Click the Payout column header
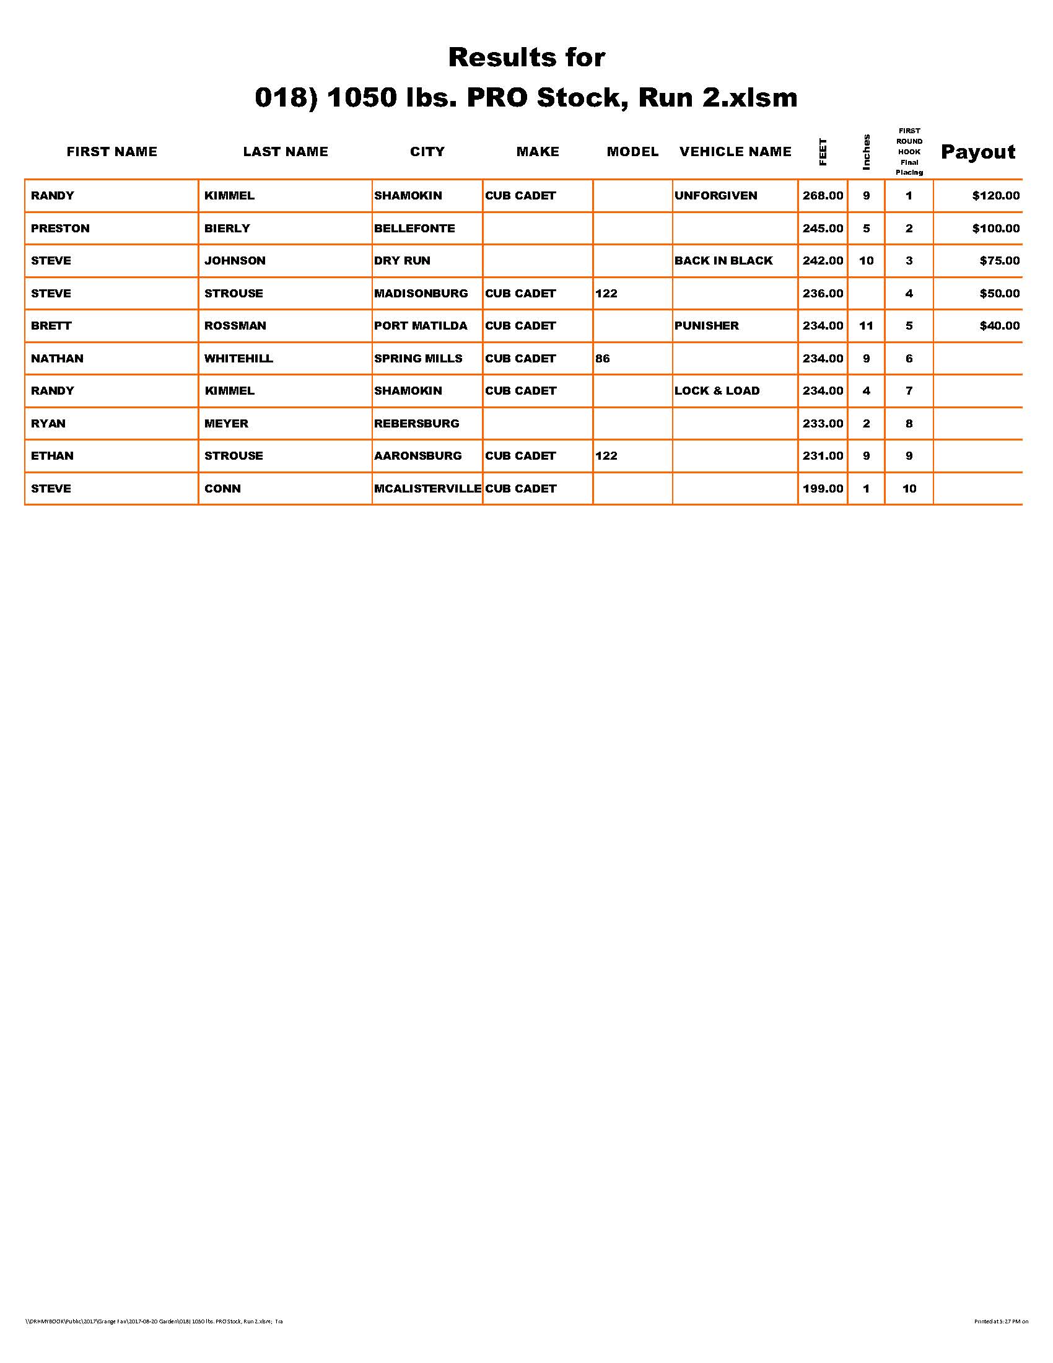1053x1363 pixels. (977, 152)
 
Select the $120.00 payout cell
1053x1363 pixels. (995, 195)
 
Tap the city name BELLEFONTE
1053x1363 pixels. (414, 229)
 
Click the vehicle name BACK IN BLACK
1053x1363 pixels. (723, 261)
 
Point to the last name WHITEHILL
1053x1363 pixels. (238, 358)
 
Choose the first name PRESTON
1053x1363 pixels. (60, 229)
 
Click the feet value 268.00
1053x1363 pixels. (822, 195)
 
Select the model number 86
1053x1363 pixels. (602, 358)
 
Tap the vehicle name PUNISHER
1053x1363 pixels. (706, 326)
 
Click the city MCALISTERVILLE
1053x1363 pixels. (427, 489)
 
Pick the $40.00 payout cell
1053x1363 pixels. (999, 326)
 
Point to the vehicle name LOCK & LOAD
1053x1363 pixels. (717, 391)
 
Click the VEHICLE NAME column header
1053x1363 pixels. (735, 152)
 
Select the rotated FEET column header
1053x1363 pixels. (823, 152)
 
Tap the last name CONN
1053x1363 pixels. (222, 489)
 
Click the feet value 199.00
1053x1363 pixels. (822, 489)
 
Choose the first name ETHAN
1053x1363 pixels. (52, 456)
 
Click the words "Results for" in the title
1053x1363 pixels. (526, 58)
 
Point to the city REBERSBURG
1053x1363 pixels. (416, 424)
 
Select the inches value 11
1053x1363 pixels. (866, 326)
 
